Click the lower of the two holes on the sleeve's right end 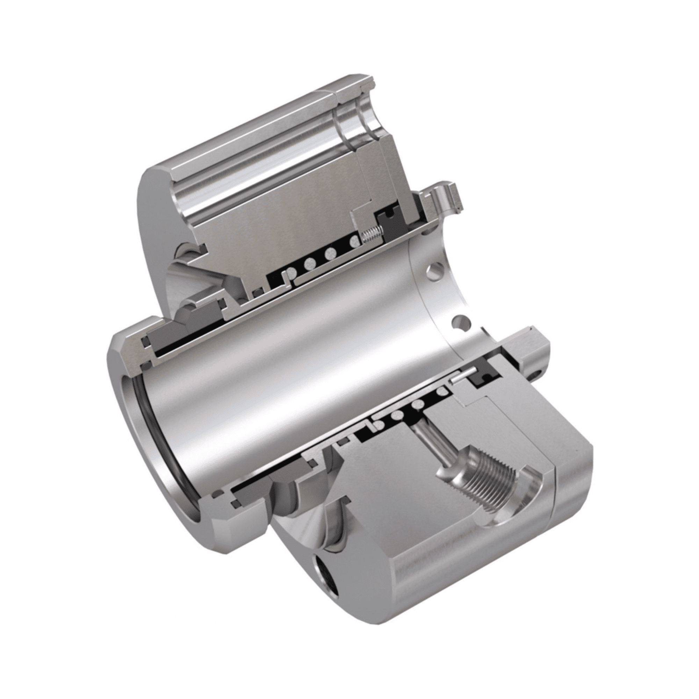tap(459, 320)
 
